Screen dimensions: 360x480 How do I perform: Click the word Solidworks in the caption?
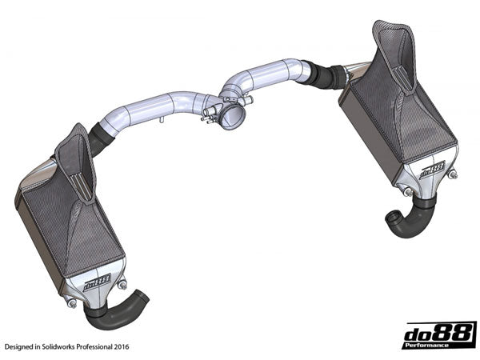[70, 348]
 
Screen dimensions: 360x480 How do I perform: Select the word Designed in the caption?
[20, 348]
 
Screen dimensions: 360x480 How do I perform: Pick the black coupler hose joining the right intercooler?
[327, 78]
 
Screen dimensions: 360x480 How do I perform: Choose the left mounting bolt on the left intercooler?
[73, 302]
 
